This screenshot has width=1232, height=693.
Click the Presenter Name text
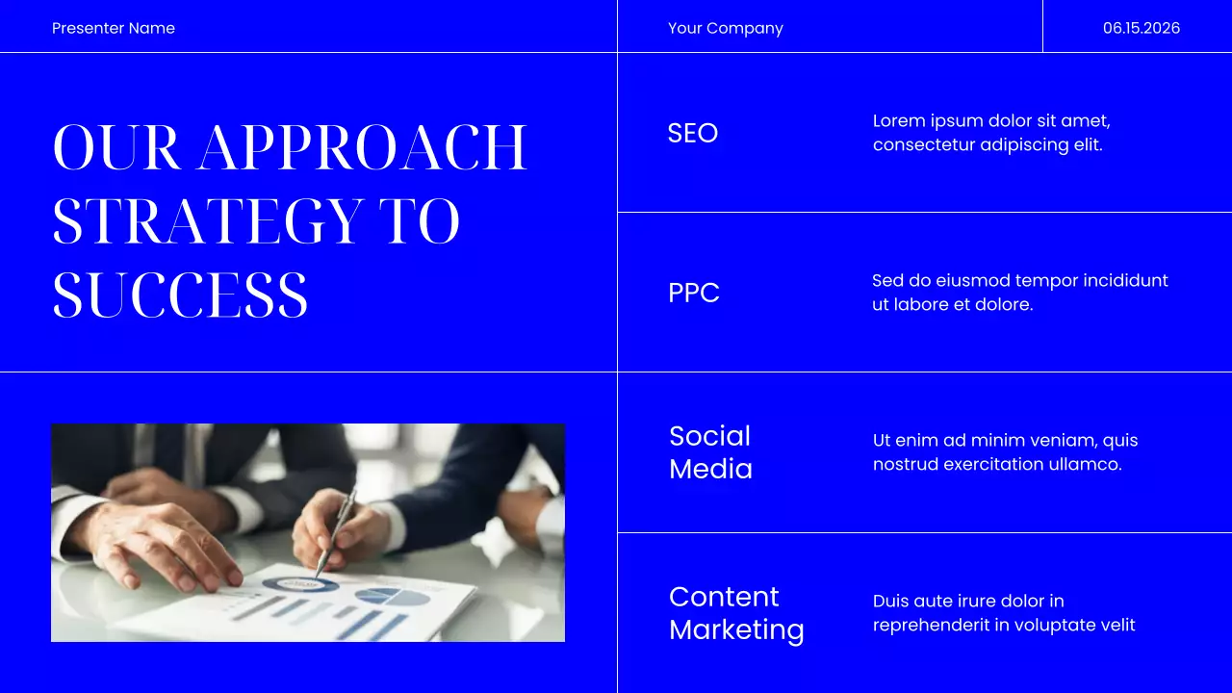114,28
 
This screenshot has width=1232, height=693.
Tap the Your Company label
725,28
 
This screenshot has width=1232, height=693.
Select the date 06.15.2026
1141,28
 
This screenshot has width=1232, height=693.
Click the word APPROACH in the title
363,147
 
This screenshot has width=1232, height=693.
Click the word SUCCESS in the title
180,295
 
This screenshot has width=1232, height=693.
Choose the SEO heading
692,133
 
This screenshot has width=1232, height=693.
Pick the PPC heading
693,293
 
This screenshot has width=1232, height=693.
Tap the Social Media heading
710,452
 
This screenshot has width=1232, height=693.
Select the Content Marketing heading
736,613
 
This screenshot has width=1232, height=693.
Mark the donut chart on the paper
300,583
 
